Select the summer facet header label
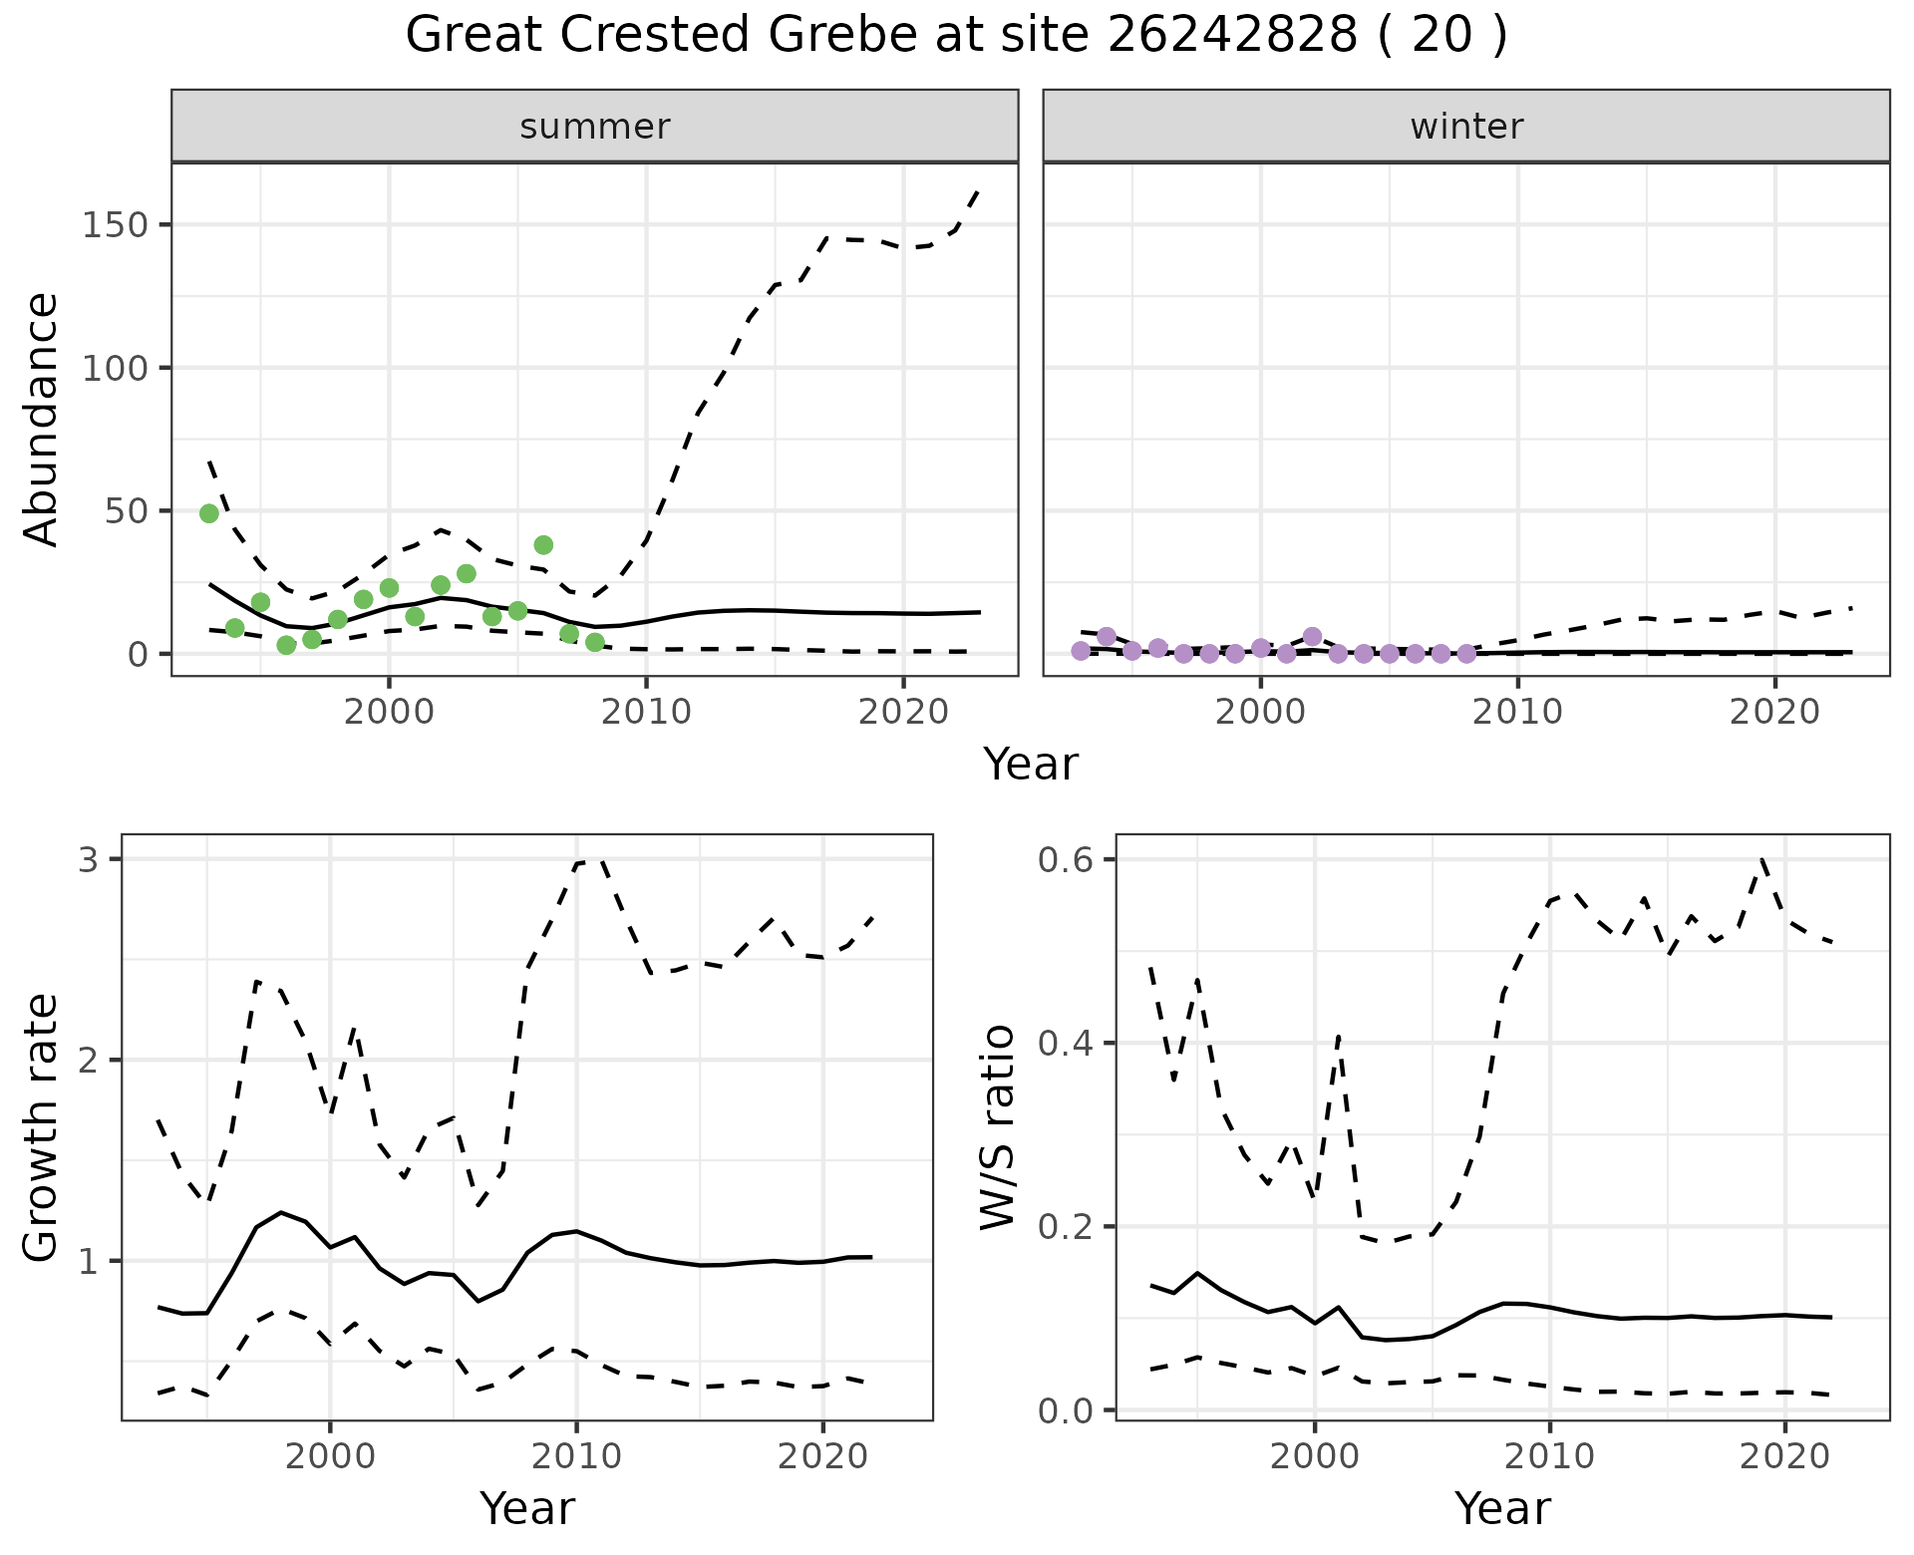pyautogui.click(x=595, y=127)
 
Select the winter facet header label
pyautogui.click(x=1466, y=127)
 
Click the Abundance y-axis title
pyautogui.click(x=42, y=420)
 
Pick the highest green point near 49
pyautogui.click(x=209, y=513)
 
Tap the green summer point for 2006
pyautogui.click(x=543, y=545)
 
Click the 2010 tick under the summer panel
pyautogui.click(x=646, y=712)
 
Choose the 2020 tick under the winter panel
pyautogui.click(x=1774, y=712)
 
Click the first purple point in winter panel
pyautogui.click(x=1081, y=651)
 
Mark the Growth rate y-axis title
pyautogui.click(x=42, y=1127)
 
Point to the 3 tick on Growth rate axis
pyautogui.click(x=88, y=859)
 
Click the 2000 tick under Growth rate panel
pyautogui.click(x=330, y=1456)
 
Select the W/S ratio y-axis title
pyautogui.click(x=997, y=1127)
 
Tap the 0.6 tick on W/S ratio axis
pyautogui.click(x=1066, y=859)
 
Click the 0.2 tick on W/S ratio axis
pyautogui.click(x=1066, y=1227)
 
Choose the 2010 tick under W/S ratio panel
pyautogui.click(x=1549, y=1456)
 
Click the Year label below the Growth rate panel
pyautogui.click(x=527, y=1508)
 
